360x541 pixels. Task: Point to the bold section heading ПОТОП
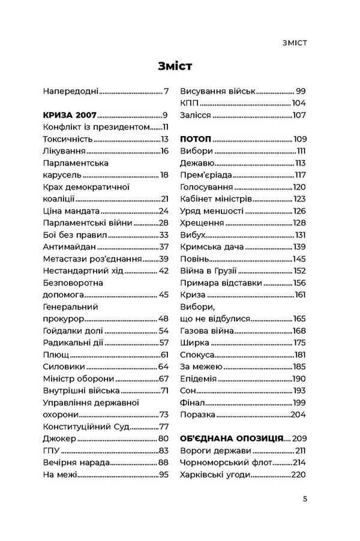196,138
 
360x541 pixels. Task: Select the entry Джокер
60,438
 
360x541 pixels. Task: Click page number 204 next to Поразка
298,414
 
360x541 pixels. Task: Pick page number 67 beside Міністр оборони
163,378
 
